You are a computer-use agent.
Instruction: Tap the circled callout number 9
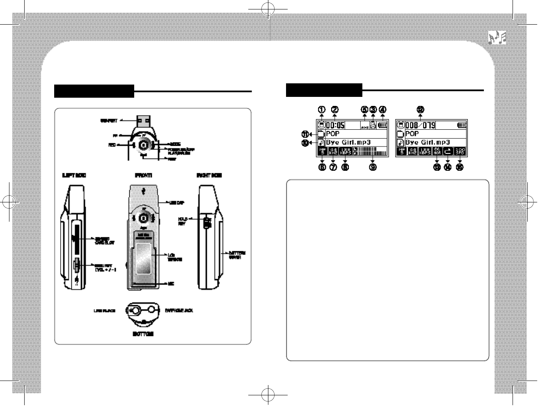coord(373,167)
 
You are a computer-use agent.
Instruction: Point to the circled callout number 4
coord(382,109)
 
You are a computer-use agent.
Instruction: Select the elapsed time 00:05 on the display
coord(335,125)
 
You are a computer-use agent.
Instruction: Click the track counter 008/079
coord(420,125)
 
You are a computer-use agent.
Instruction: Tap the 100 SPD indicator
coord(460,151)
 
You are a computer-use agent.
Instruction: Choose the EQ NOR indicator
coord(437,151)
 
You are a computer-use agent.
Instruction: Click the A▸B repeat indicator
coord(364,127)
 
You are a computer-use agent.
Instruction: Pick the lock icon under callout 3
coord(373,126)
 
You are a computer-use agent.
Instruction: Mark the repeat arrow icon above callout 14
coord(448,151)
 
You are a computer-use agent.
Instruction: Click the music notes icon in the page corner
coord(497,38)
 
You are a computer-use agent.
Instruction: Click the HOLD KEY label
coord(182,221)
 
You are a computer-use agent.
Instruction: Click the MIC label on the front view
coord(171,284)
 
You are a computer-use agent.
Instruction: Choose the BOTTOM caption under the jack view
coord(143,334)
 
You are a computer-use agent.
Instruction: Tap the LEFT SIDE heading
coord(75,175)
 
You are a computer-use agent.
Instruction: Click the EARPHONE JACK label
coord(179,310)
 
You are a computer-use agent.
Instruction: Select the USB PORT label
coord(109,121)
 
